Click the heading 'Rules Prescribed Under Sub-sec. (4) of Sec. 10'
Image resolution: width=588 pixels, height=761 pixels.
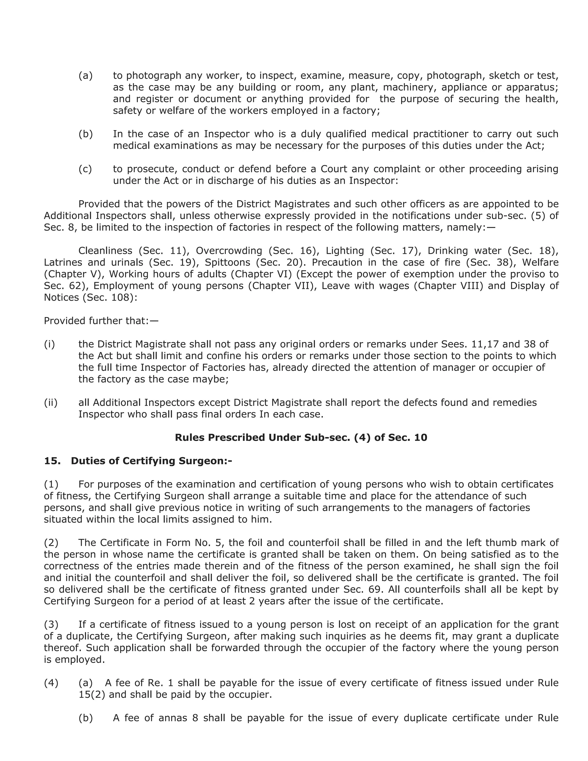301,438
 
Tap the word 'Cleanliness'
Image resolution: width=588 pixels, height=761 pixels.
105,251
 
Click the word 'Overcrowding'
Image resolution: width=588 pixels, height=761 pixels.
229,251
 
